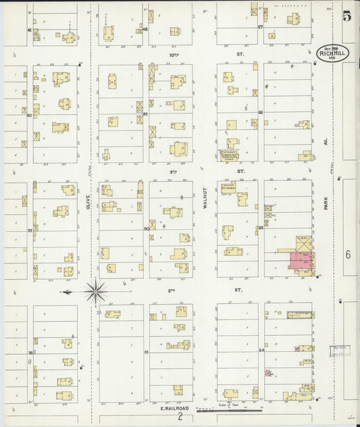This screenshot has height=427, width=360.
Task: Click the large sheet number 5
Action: click(x=346, y=17)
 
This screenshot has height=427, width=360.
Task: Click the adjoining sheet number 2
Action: click(x=180, y=418)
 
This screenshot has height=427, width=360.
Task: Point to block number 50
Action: click(x=146, y=229)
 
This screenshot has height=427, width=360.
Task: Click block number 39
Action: click(x=29, y=230)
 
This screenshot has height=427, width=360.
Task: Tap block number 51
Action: click(x=146, y=353)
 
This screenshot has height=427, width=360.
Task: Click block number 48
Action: click(x=145, y=29)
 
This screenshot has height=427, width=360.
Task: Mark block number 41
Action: click(x=29, y=30)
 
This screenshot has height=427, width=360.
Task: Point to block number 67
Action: click(x=260, y=28)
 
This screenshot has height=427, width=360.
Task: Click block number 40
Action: click(x=29, y=115)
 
